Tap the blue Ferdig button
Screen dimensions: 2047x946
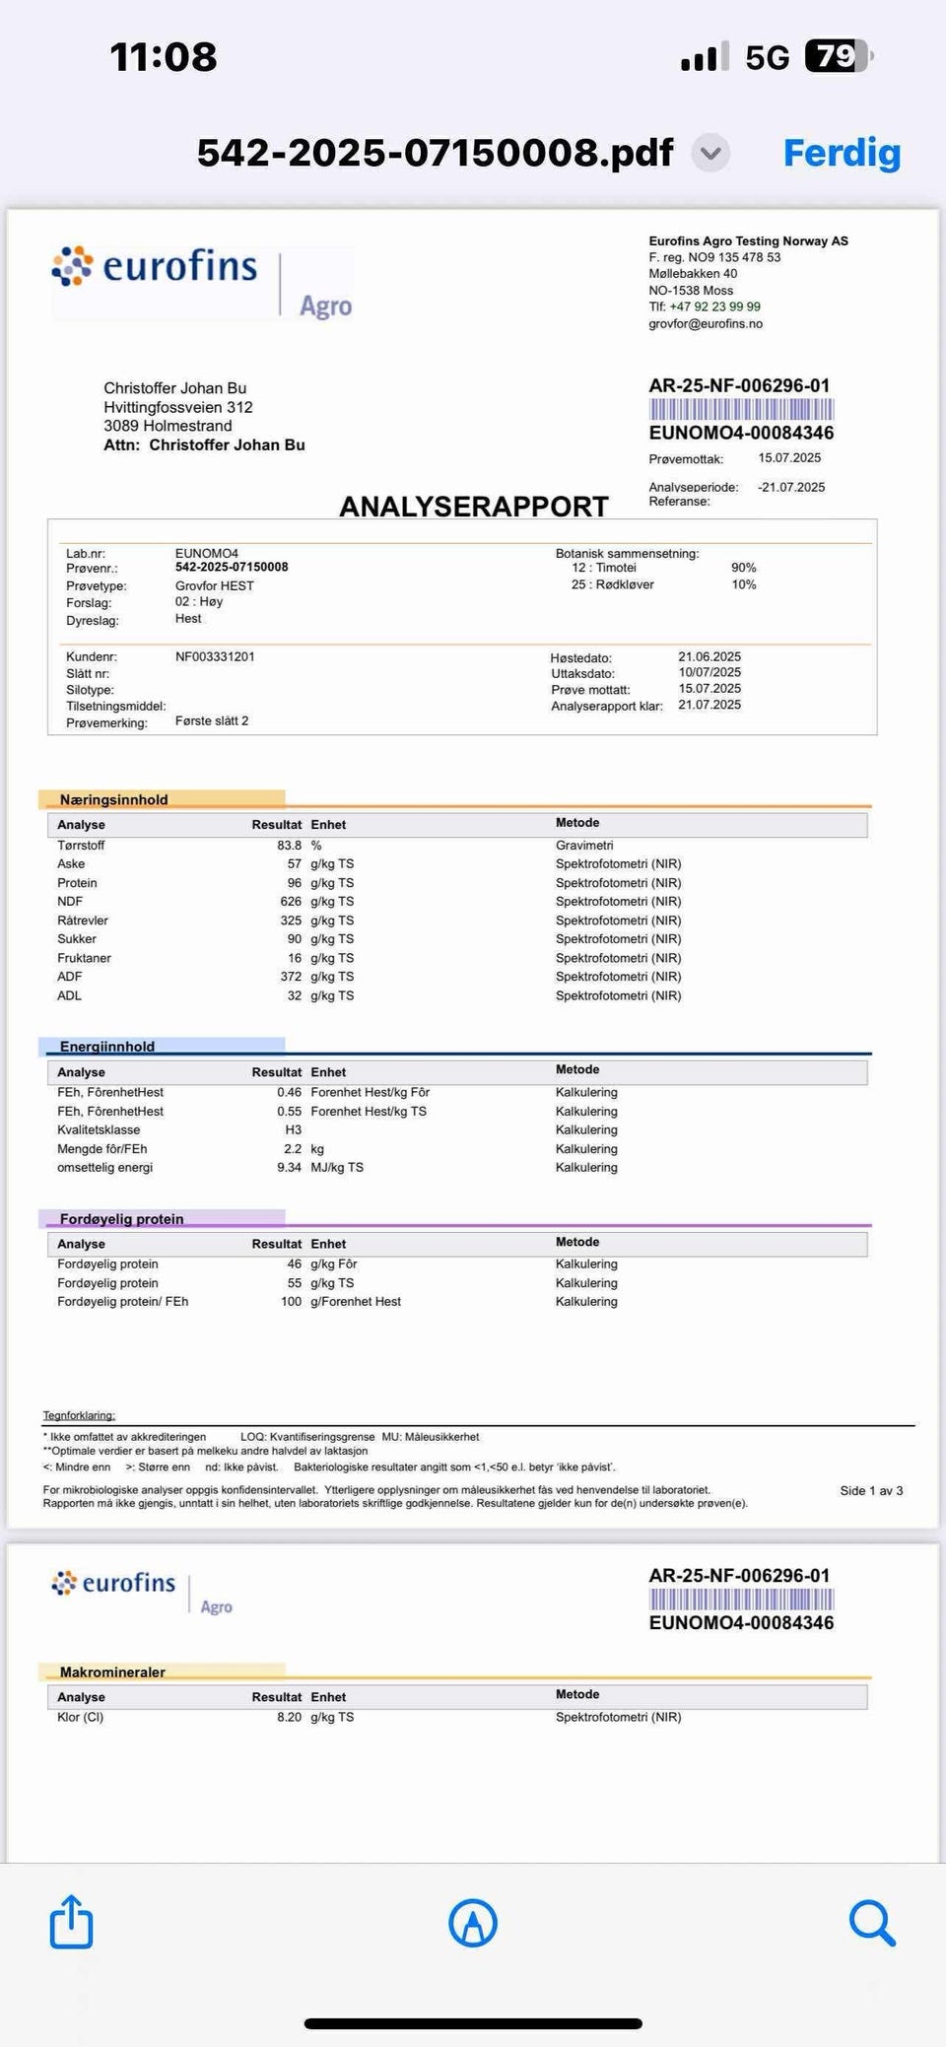(842, 153)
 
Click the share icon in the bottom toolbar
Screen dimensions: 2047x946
(71, 1922)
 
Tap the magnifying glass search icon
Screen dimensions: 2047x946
(871, 1922)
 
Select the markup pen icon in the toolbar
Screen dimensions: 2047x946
(473, 1923)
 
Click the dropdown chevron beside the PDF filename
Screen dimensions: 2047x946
(710, 153)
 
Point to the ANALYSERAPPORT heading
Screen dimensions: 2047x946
(474, 507)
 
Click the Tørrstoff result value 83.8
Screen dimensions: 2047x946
(289, 846)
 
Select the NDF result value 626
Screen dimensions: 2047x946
(291, 902)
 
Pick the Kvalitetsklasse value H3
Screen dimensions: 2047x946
(293, 1130)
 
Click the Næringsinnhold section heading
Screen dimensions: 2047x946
(113, 800)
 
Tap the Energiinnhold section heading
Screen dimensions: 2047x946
(107, 1047)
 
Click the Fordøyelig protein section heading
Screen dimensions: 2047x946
(121, 1219)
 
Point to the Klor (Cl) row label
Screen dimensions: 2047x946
(80, 1717)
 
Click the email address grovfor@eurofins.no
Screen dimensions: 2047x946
(706, 324)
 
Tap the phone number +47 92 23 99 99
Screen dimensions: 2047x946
(714, 307)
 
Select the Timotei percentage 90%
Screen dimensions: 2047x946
(743, 568)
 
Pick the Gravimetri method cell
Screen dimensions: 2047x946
(584, 846)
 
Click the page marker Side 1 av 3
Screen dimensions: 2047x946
(871, 1491)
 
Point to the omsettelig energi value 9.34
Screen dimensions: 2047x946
(289, 1168)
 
